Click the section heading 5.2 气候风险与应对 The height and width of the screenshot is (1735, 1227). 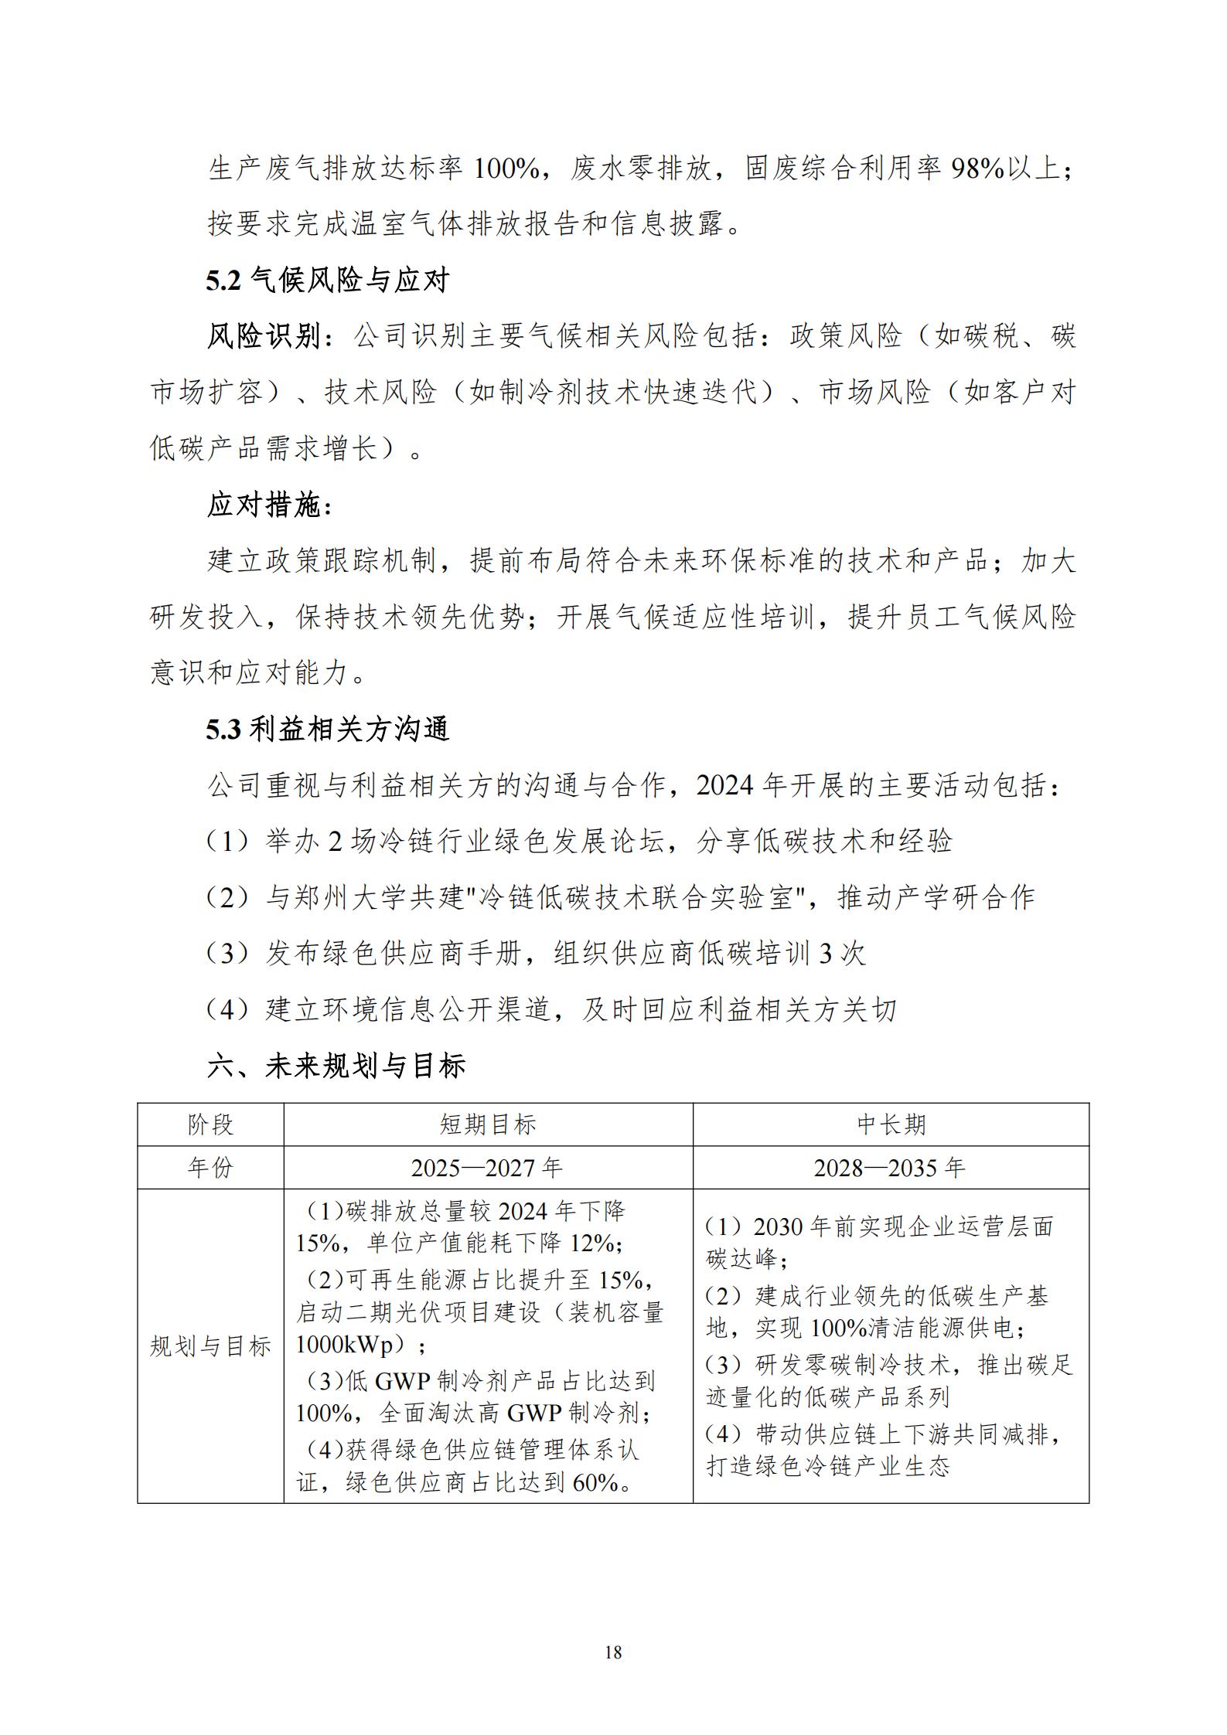pos(327,280)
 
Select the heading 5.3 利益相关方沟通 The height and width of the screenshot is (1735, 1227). pos(327,729)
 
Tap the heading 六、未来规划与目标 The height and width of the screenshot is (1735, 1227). pos(336,1066)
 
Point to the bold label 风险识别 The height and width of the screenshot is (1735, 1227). pos(263,336)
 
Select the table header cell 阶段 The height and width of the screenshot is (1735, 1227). pos(210,1124)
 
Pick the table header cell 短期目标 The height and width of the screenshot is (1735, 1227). pos(488,1124)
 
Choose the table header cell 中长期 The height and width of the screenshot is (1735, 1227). pos(891,1124)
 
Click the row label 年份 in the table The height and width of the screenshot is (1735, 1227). pos(210,1167)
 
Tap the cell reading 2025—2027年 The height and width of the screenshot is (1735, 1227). pos(487,1167)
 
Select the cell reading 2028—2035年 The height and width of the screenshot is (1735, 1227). pos(890,1167)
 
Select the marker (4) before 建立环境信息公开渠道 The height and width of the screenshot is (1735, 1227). pos(227,1010)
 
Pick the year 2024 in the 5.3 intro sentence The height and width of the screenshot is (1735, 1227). pos(724,785)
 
